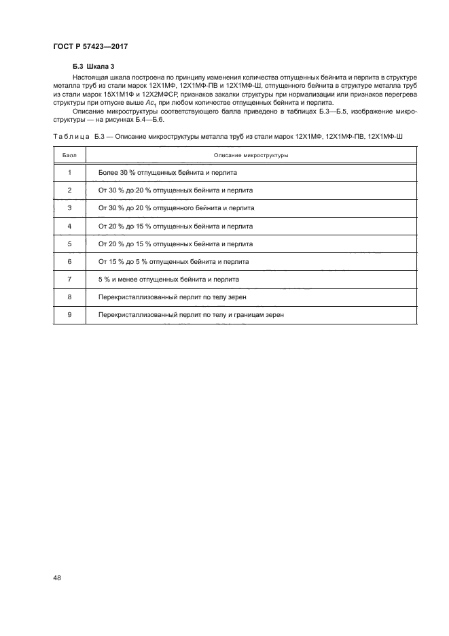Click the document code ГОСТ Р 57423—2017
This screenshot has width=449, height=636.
tap(91, 46)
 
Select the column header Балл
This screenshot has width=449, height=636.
tap(70, 156)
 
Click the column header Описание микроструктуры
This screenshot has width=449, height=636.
tap(252, 156)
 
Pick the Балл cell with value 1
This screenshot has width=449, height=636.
tap(70, 173)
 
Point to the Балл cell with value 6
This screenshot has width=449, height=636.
tap(70, 261)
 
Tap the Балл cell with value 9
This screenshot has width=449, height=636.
tap(70, 315)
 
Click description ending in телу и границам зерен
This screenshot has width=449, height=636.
tap(191, 315)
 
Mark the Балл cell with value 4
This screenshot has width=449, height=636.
tap(70, 226)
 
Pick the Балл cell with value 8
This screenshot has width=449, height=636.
tap(70, 297)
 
